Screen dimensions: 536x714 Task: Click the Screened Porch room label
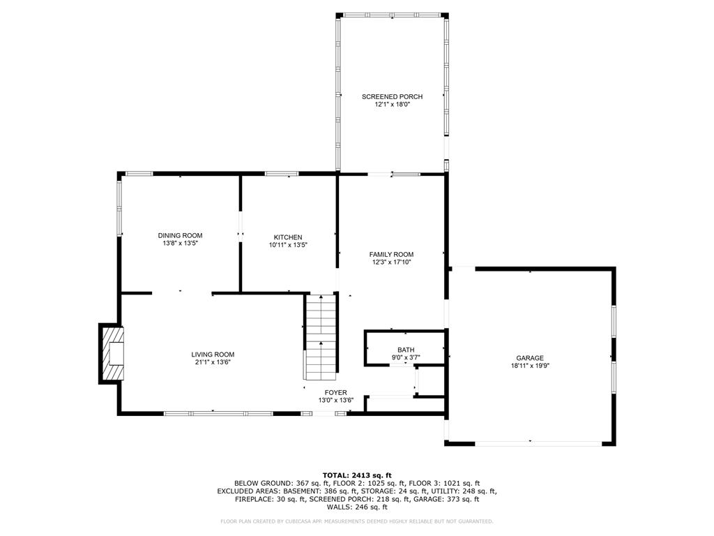pyautogui.click(x=392, y=96)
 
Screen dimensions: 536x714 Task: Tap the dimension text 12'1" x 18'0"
pyautogui.click(x=392, y=105)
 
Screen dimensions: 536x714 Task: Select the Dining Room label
pyautogui.click(x=180, y=236)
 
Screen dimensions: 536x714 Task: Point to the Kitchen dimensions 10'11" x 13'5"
pyautogui.click(x=288, y=245)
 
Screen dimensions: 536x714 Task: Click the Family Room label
pyautogui.click(x=391, y=254)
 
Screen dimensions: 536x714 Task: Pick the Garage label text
pyautogui.click(x=530, y=357)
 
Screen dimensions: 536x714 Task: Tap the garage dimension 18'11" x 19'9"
pyautogui.click(x=530, y=366)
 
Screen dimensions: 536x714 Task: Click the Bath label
pyautogui.click(x=406, y=350)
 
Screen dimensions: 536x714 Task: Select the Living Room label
pyautogui.click(x=213, y=354)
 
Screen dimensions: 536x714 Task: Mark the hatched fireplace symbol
pyautogui.click(x=114, y=354)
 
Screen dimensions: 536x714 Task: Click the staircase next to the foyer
pyautogui.click(x=321, y=335)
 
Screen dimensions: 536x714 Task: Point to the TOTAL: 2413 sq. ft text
pyautogui.click(x=357, y=475)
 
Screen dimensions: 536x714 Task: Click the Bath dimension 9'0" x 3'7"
pyautogui.click(x=406, y=358)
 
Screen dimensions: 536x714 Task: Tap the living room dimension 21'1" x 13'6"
pyautogui.click(x=213, y=362)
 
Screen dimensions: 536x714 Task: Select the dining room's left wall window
pyautogui.click(x=119, y=207)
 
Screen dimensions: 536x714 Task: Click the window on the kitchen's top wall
pyautogui.click(x=282, y=174)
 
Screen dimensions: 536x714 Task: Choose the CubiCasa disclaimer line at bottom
pyautogui.click(x=357, y=521)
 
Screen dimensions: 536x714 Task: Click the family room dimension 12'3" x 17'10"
pyautogui.click(x=391, y=262)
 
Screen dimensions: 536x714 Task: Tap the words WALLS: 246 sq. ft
pyautogui.click(x=357, y=507)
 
